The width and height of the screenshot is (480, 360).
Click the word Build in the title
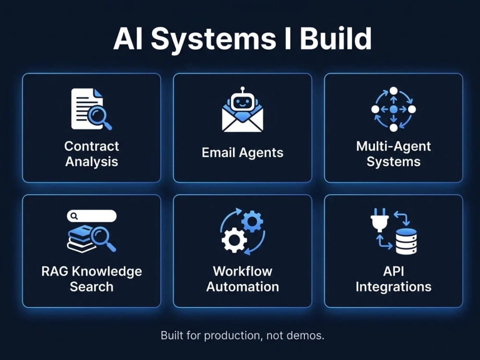pyautogui.click(x=336, y=38)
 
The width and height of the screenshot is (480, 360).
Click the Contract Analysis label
pyautogui.click(x=92, y=154)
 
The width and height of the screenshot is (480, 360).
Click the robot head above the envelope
pyautogui.click(x=242, y=100)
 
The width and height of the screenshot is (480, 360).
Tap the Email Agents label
pyautogui.click(x=242, y=153)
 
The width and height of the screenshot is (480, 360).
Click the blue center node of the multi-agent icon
pyautogui.click(x=394, y=109)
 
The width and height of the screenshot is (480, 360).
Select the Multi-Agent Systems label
pyautogui.click(x=394, y=154)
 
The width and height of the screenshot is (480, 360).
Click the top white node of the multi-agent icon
pyautogui.click(x=394, y=91)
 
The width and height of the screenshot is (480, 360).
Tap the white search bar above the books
pyautogui.click(x=92, y=216)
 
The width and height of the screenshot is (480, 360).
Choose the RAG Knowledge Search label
pyautogui.click(x=92, y=279)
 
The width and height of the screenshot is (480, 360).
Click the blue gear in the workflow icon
pyautogui.click(x=252, y=221)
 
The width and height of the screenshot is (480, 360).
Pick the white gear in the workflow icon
pyautogui.click(x=235, y=240)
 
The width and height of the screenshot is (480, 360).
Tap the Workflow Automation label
pyautogui.click(x=242, y=279)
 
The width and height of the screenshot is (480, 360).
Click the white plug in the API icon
pyautogui.click(x=380, y=220)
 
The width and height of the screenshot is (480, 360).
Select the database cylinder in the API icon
pyautogui.click(x=407, y=241)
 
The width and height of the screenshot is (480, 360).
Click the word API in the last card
pyautogui.click(x=394, y=272)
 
